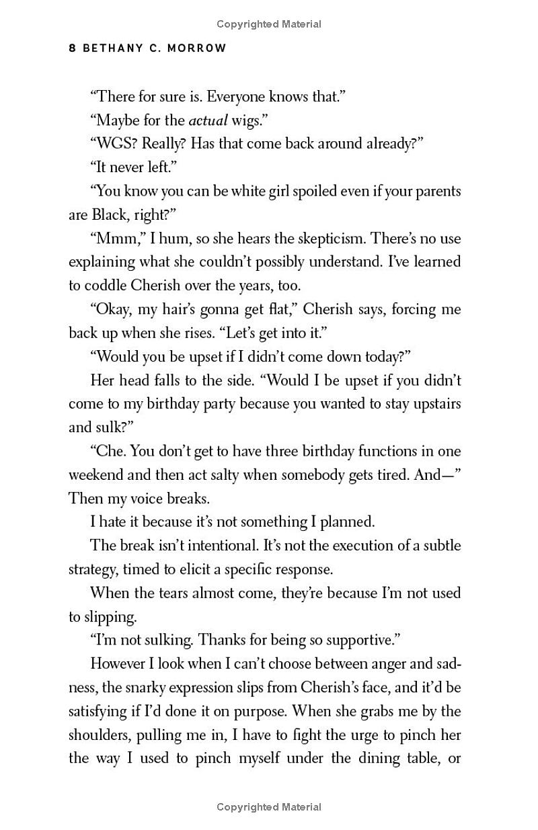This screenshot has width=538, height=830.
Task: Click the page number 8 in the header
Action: click(72, 48)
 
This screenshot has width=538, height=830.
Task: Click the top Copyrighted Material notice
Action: click(269, 24)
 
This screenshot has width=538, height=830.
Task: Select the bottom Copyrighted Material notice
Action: click(269, 807)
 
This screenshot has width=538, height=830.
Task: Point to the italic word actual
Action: click(208, 121)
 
